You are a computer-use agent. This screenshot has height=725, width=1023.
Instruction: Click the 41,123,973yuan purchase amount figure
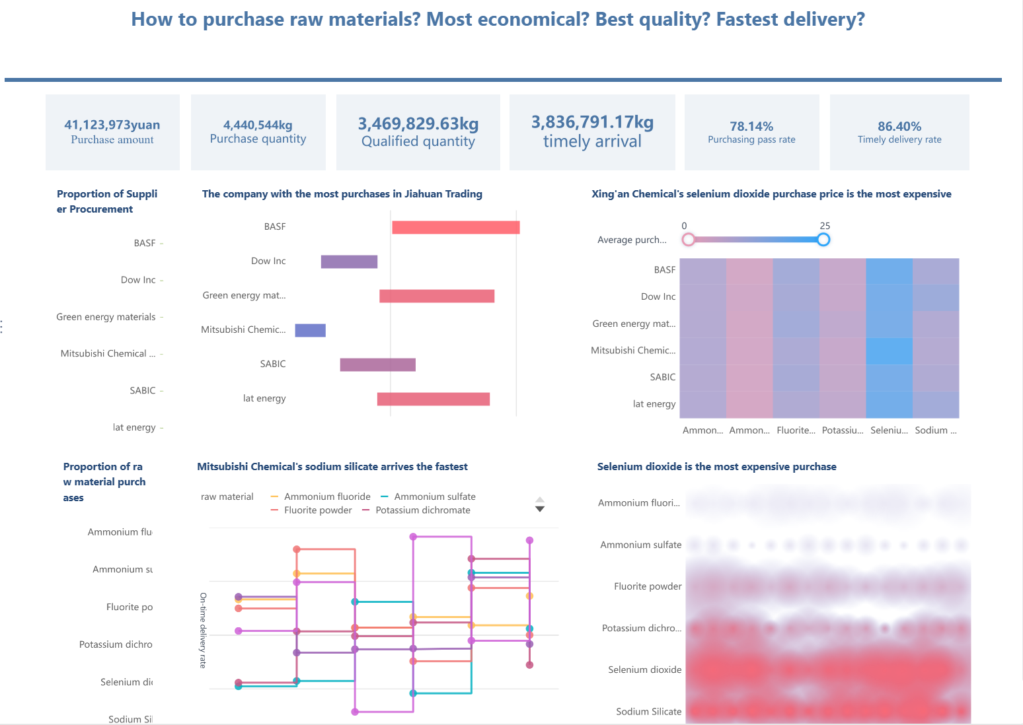[x=112, y=125]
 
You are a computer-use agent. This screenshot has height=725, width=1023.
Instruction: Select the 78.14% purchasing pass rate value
[x=751, y=126]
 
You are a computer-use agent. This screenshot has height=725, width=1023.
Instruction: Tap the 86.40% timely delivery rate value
[x=899, y=126]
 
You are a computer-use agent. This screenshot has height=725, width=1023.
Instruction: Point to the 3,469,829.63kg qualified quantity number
[x=418, y=124]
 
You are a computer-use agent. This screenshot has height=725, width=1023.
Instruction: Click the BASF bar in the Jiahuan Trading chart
[x=455, y=227]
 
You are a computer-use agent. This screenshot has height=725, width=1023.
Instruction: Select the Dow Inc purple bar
[x=349, y=261]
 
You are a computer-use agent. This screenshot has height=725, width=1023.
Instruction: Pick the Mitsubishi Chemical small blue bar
[x=310, y=330]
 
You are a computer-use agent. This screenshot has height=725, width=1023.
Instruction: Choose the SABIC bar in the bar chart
[x=377, y=364]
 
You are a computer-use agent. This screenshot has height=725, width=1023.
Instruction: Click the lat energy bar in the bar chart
[x=433, y=399]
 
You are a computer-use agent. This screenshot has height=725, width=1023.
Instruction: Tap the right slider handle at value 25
[x=823, y=240]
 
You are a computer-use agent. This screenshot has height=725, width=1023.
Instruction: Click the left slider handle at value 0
[x=689, y=240]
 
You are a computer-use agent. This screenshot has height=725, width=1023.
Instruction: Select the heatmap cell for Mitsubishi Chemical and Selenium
[x=889, y=351]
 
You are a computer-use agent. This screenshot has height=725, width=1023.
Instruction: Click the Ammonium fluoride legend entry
[x=327, y=497]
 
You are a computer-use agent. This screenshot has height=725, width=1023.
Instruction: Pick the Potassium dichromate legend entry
[x=422, y=510]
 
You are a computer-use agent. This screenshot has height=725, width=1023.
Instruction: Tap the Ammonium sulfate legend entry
[x=434, y=497]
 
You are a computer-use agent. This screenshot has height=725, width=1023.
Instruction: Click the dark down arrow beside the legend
[x=540, y=509]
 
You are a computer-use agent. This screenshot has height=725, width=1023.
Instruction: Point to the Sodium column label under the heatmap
[x=935, y=431]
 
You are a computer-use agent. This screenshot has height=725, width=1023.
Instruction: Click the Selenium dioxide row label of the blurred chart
[x=644, y=670]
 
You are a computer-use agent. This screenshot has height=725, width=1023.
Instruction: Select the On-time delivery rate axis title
[x=204, y=630]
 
